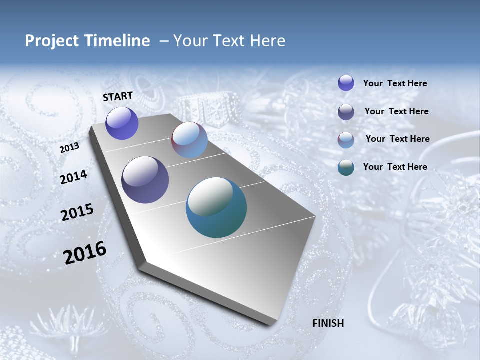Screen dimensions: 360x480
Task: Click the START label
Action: coord(118,96)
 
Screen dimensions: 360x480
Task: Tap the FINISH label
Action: coord(328,323)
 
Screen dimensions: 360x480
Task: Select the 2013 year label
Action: coord(69,148)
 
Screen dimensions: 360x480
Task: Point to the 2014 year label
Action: coord(73,177)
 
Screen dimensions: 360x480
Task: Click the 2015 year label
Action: coord(77,212)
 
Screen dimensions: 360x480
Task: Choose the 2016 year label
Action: coord(85,253)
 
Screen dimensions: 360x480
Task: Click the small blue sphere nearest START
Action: coord(122,123)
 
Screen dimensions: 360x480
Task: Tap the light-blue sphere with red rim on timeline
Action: coord(189,140)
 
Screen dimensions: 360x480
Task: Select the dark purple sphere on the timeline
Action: coord(145,180)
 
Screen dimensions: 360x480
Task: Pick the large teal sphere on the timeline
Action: coord(216,207)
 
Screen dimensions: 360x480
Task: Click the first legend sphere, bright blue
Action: coord(346,83)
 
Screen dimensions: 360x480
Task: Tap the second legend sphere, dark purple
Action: coord(346,112)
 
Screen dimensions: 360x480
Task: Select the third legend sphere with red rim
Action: coord(346,140)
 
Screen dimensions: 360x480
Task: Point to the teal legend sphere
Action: coord(346,167)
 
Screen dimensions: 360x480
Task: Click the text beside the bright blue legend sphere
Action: coord(395,84)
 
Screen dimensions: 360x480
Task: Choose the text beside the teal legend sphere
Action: coord(395,167)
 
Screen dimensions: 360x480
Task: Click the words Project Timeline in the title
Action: coord(87,41)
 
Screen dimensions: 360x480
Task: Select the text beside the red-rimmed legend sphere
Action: coord(397,139)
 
